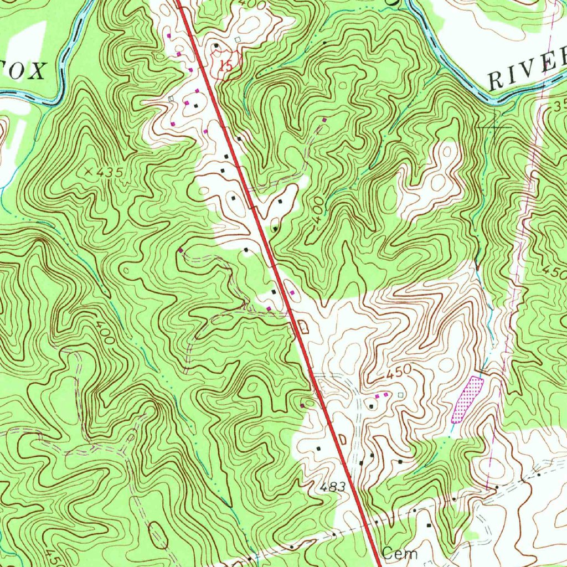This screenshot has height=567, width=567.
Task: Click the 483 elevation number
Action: coord(332,487)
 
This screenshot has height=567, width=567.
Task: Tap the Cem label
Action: coord(399,553)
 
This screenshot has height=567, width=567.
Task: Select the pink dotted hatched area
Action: coord(467,399)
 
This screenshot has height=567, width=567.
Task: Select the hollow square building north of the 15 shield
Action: coord(237,40)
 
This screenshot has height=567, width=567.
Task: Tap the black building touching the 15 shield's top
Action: coord(216,45)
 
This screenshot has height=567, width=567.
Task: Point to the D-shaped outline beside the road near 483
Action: coord(342,439)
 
